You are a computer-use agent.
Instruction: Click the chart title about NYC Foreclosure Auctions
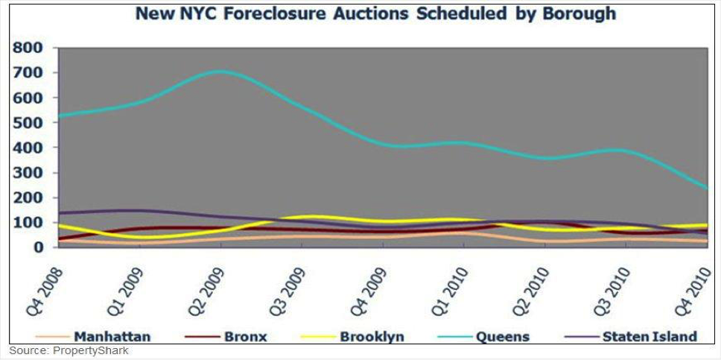tap(375, 14)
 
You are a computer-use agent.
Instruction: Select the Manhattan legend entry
tap(112, 336)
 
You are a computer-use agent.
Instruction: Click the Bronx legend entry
tap(245, 336)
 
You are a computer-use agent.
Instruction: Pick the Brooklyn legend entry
tap(372, 336)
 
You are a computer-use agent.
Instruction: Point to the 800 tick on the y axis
tap(28, 48)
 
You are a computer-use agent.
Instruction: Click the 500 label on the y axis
tap(28, 122)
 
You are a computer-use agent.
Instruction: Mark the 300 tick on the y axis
tap(28, 172)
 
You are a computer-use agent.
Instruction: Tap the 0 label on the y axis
tap(37, 247)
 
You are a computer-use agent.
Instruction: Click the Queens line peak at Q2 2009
tap(220, 72)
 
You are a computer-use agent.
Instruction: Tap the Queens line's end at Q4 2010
tap(707, 188)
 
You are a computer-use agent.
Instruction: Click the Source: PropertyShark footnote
tap(69, 350)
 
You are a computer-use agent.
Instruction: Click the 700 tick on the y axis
tap(28, 73)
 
